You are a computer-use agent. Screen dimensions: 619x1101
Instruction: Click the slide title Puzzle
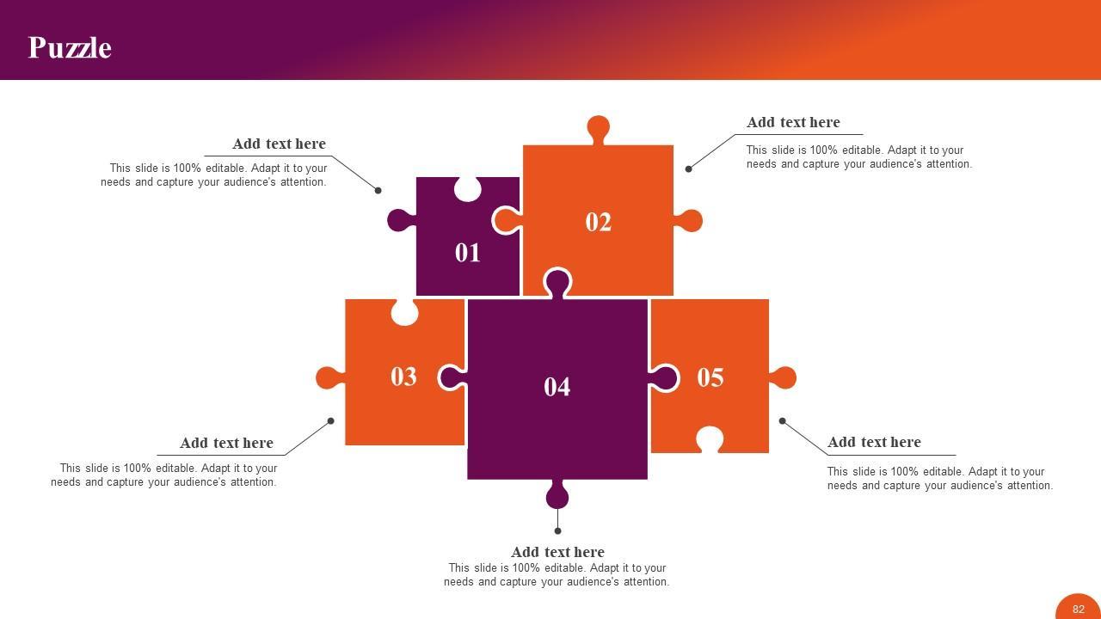(x=70, y=47)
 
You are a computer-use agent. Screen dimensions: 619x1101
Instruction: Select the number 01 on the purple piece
(x=468, y=253)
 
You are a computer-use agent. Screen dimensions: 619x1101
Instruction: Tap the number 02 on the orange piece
(x=599, y=222)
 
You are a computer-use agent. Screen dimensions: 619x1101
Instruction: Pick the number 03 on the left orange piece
(x=403, y=377)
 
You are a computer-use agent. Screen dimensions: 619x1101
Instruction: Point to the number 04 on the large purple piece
(x=557, y=387)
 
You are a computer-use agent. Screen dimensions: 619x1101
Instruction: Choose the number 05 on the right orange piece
(x=710, y=377)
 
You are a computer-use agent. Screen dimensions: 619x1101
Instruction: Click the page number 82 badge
(x=1079, y=609)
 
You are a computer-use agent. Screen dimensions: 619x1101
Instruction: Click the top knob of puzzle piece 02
(x=599, y=128)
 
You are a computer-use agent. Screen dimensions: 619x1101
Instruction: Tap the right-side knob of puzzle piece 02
(x=690, y=221)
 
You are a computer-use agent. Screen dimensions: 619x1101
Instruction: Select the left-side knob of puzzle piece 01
(x=398, y=220)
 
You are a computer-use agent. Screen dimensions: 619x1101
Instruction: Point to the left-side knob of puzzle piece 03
(x=328, y=377)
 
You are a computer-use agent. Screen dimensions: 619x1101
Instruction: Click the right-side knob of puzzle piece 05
(x=784, y=377)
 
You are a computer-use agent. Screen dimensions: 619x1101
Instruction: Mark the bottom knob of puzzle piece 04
(x=557, y=495)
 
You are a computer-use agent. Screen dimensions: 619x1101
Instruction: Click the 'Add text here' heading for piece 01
(x=279, y=144)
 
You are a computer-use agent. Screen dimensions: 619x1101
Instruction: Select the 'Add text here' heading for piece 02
(x=793, y=122)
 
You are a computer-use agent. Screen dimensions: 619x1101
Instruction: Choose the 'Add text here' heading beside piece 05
(x=874, y=442)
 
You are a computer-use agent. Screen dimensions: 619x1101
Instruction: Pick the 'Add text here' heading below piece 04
(x=557, y=552)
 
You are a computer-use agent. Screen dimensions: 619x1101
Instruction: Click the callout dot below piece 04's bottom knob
(x=557, y=531)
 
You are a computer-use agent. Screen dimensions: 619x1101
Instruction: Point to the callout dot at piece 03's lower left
(x=331, y=420)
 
